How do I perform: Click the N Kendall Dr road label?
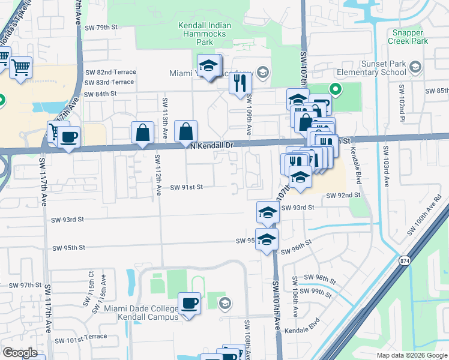point(210,145)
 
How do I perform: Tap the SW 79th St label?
point(101,28)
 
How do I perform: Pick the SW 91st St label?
point(187,187)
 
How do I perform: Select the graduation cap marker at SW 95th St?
point(267,239)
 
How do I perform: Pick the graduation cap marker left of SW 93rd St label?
point(268,212)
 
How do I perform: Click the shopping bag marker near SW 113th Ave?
point(143,133)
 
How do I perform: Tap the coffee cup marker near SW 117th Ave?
point(68,137)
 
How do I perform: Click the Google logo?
point(20,353)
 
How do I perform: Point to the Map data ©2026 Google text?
point(411,355)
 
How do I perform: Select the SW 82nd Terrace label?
point(110,72)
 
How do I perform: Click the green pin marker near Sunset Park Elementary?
point(336,91)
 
